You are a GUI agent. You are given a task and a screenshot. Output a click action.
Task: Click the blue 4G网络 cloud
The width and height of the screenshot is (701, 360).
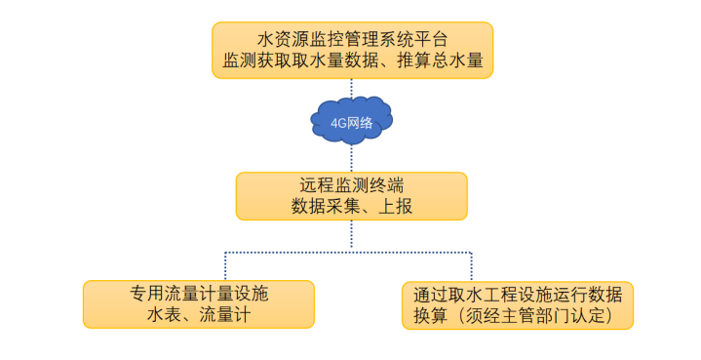click(x=352, y=122)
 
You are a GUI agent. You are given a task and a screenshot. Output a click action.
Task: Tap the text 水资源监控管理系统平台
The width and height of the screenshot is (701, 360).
click(x=352, y=40)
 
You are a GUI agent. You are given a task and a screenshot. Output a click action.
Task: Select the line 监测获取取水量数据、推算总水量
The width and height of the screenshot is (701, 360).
click(x=352, y=61)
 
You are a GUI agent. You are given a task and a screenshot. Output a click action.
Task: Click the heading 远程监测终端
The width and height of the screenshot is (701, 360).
click(x=351, y=184)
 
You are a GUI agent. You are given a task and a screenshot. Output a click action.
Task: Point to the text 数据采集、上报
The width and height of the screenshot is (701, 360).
click(x=351, y=206)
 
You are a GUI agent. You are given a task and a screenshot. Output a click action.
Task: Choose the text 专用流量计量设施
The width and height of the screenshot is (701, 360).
click(x=199, y=294)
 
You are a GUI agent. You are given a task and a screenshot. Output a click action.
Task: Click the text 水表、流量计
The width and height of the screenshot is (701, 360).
click(x=199, y=315)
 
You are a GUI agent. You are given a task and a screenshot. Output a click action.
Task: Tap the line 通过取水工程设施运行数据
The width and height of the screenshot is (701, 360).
click(x=518, y=294)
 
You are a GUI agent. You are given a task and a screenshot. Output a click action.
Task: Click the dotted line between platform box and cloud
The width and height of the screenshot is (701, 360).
click(x=352, y=90)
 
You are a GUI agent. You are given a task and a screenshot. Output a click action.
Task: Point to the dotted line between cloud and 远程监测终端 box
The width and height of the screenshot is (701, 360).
click(x=352, y=158)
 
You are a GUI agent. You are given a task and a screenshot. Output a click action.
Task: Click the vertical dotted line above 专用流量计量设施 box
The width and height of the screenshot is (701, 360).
click(x=225, y=266)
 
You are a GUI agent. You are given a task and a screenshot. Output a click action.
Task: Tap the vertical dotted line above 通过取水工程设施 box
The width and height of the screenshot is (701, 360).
click(x=473, y=266)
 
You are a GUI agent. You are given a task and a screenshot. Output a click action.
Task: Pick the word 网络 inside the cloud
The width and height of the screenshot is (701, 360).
click(x=360, y=123)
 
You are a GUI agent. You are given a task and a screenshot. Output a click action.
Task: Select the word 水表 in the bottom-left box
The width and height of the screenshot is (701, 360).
click(x=163, y=315)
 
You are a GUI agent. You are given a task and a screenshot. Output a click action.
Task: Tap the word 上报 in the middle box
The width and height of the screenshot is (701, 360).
click(x=393, y=206)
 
